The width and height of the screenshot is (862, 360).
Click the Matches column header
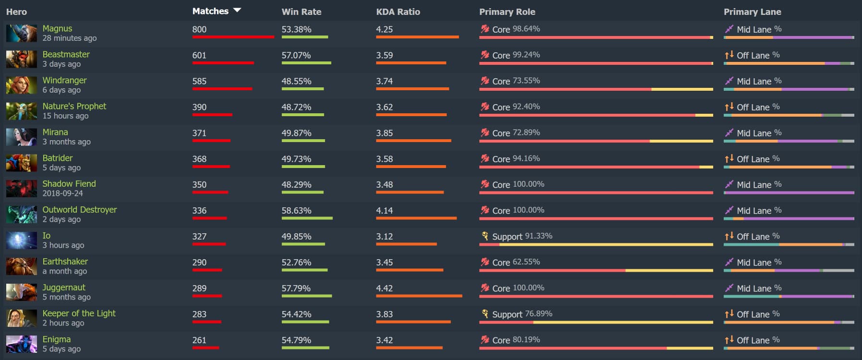tap(210, 11)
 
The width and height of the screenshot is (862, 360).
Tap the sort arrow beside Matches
tap(237, 10)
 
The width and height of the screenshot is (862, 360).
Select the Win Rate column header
tap(301, 12)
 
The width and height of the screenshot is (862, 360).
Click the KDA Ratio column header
tap(398, 12)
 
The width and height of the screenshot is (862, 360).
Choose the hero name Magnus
tap(57, 28)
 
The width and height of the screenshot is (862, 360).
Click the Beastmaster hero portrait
tap(21, 59)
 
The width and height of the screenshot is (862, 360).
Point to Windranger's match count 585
tap(199, 81)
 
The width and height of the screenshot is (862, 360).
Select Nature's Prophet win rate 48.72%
tap(296, 107)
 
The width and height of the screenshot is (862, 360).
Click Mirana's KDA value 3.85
tap(384, 133)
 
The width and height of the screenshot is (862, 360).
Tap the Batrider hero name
tap(58, 158)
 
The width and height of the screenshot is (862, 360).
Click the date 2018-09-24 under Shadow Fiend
tap(62, 193)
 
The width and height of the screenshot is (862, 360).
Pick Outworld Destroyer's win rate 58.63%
tap(296, 211)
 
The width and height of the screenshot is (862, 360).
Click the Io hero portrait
tap(21, 240)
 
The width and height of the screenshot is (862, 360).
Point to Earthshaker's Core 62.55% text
tap(516, 262)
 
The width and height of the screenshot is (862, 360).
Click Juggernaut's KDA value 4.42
tap(384, 288)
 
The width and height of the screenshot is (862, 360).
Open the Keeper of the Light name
tap(79, 313)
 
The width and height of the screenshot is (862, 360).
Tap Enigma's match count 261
tap(199, 340)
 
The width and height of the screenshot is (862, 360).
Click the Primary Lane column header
tap(752, 12)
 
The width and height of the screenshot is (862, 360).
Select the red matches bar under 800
tap(233, 37)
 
